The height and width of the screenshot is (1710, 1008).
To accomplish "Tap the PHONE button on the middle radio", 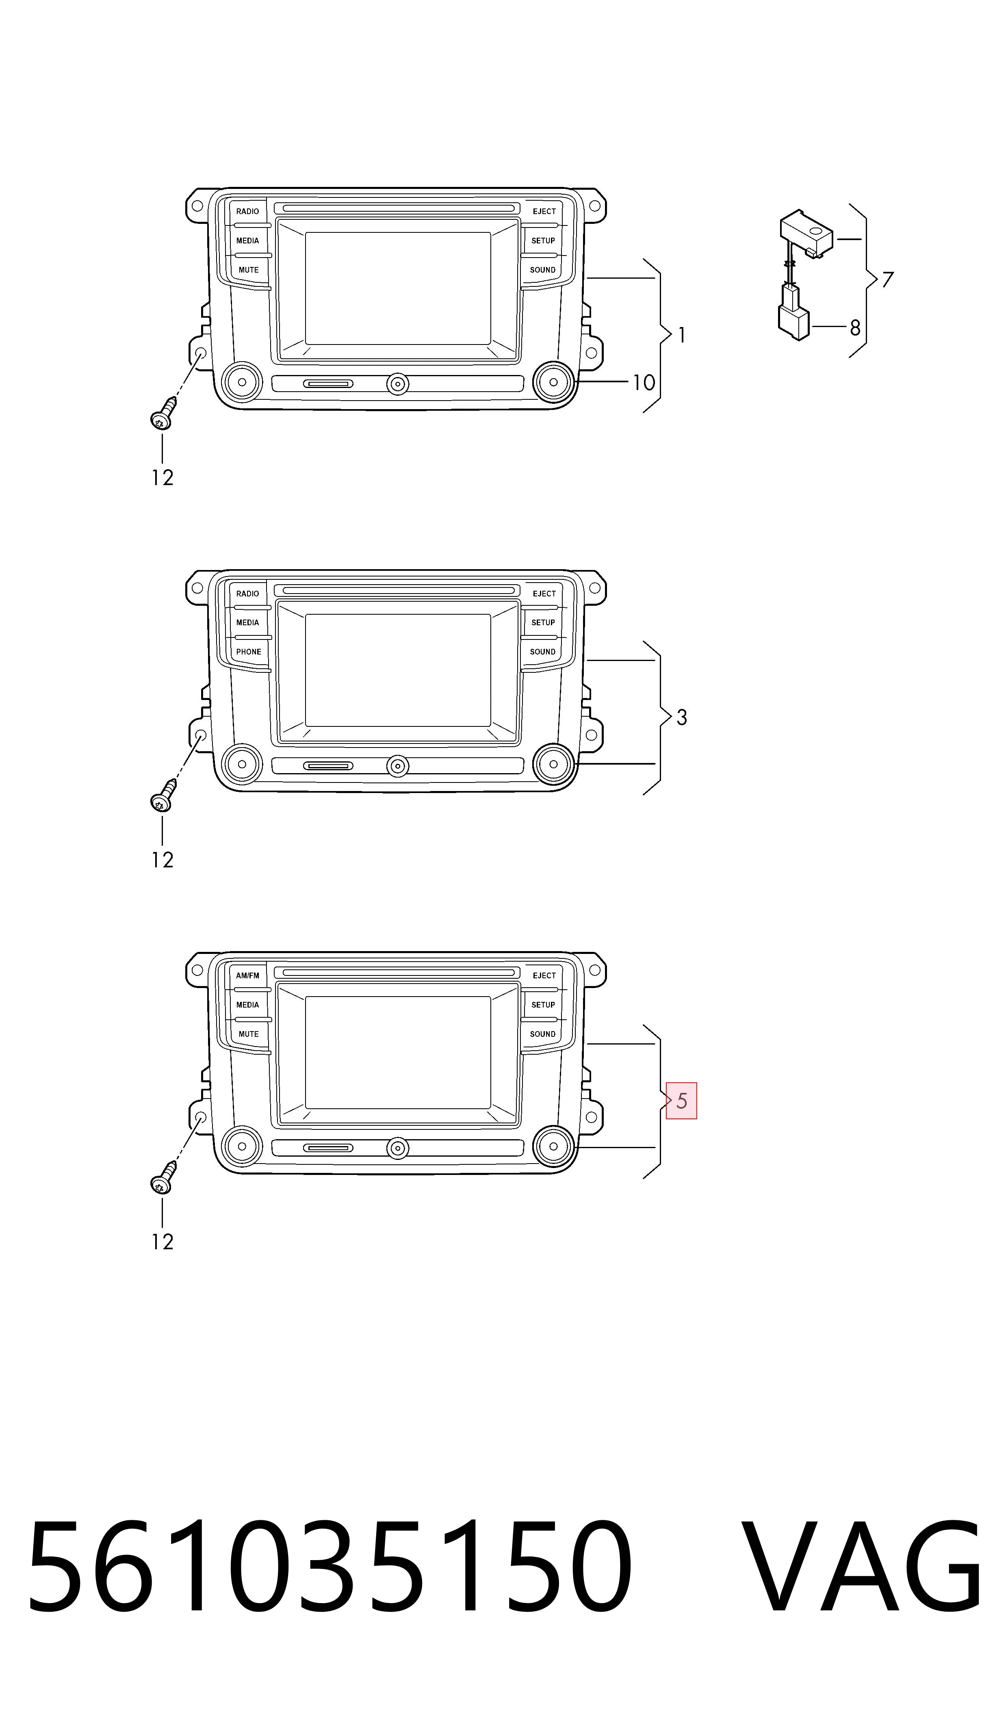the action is tap(249, 652).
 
